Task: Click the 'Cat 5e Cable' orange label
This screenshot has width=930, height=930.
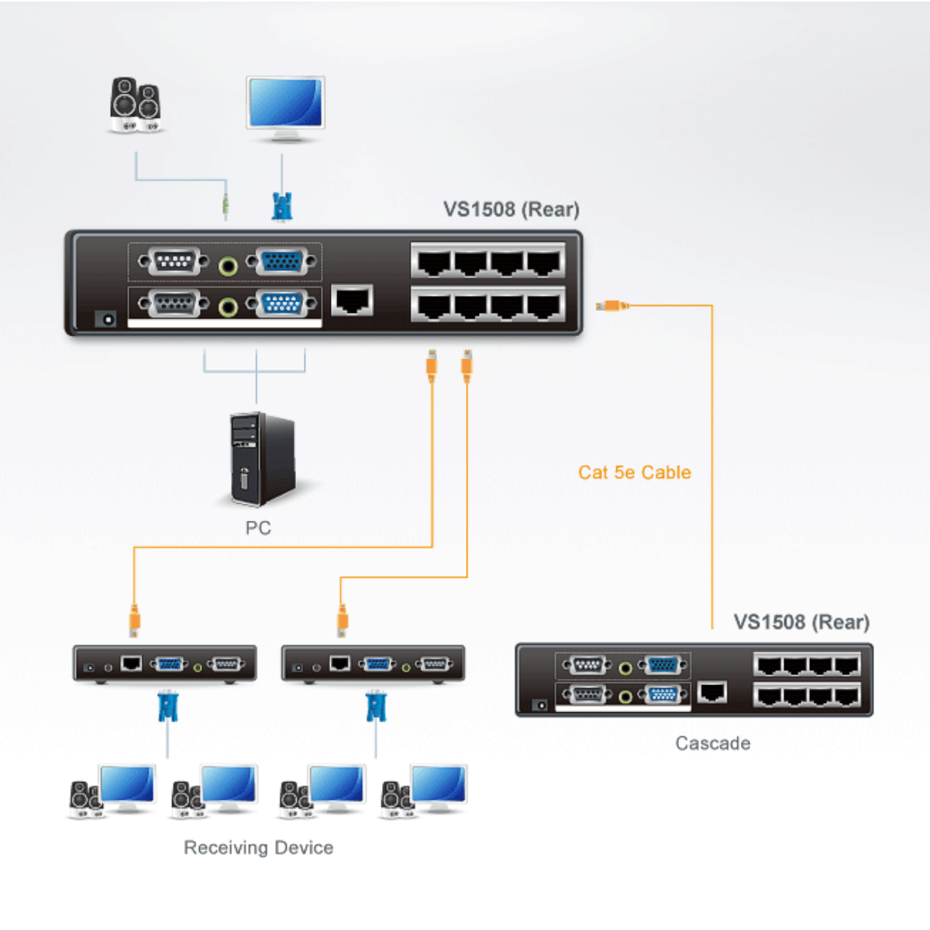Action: click(x=634, y=473)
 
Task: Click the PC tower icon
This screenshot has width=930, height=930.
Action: click(x=262, y=459)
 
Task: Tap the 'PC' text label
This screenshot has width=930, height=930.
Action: click(x=258, y=529)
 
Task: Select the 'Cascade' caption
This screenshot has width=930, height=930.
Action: click(x=712, y=744)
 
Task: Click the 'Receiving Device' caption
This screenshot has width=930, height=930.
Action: click(x=258, y=848)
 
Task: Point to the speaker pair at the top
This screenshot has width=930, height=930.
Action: click(x=136, y=105)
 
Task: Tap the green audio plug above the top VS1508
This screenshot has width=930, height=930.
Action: click(x=226, y=205)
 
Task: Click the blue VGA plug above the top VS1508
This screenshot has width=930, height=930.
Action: click(x=282, y=206)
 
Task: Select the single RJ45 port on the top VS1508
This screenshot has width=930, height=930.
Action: click(x=353, y=300)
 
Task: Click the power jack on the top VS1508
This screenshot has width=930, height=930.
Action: click(x=105, y=319)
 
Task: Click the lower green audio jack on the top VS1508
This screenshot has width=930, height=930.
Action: click(x=228, y=307)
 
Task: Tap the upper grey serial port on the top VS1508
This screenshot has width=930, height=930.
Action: click(x=174, y=262)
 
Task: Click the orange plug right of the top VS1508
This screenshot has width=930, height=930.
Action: click(x=611, y=306)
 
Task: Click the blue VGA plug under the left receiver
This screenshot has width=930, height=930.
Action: click(x=167, y=707)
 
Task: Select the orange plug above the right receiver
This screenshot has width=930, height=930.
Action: click(x=342, y=620)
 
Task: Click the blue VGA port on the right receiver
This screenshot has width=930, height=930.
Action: click(x=377, y=664)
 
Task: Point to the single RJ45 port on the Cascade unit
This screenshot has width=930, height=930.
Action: click(x=712, y=691)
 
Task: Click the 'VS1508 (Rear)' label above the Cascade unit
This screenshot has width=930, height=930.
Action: click(x=801, y=622)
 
